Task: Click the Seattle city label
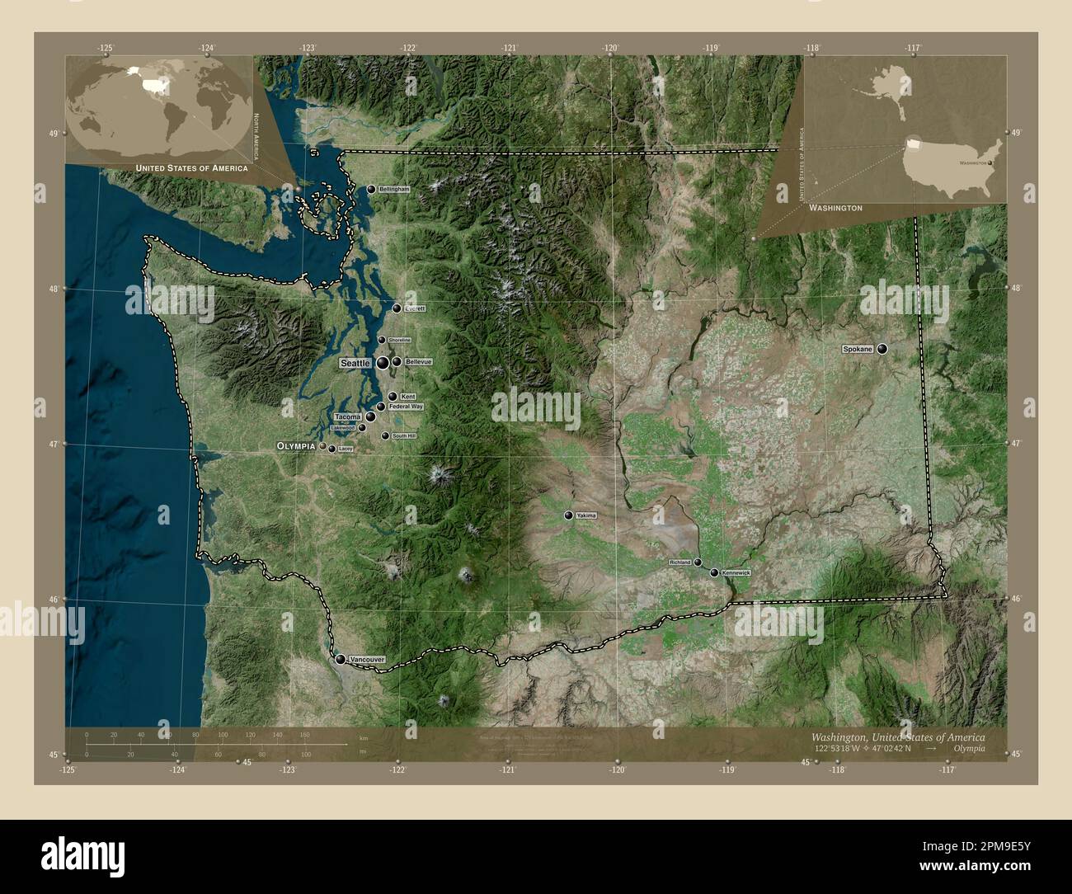click(355, 363)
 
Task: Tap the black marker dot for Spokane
click(882, 350)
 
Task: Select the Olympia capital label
click(297, 445)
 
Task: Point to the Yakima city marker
click(568, 515)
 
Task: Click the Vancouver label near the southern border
click(367, 661)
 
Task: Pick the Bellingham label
click(394, 190)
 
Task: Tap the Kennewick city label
click(736, 572)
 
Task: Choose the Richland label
click(680, 562)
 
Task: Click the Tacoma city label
click(348, 417)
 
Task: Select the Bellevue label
click(419, 362)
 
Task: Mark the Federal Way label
click(406, 407)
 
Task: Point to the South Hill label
click(404, 435)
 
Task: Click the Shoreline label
click(399, 340)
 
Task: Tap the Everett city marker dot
click(397, 308)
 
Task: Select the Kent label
click(407, 397)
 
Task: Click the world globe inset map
click(159, 107)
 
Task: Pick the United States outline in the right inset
click(952, 167)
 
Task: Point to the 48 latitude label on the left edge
click(54, 289)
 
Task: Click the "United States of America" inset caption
click(191, 168)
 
